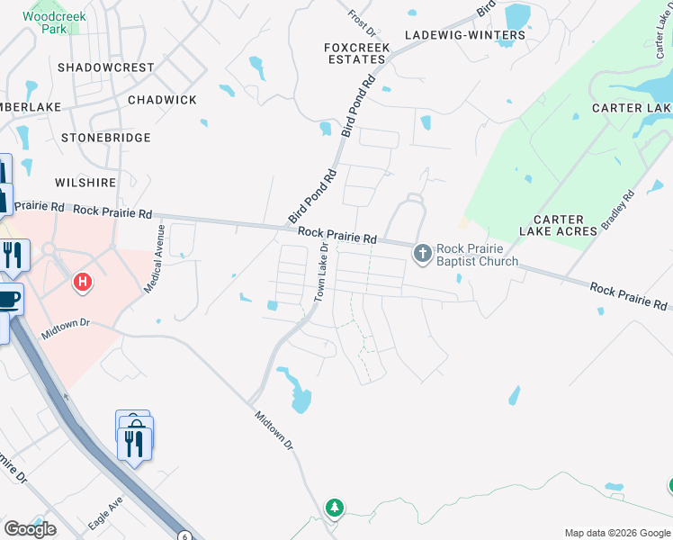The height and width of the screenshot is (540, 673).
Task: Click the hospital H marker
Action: click(x=83, y=283)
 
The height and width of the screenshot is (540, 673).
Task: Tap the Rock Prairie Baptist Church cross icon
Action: click(x=423, y=255)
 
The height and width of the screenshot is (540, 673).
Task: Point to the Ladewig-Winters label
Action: click(x=465, y=35)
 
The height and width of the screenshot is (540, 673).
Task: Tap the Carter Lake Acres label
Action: click(x=565, y=225)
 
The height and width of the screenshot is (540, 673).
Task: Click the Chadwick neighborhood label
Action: click(x=162, y=100)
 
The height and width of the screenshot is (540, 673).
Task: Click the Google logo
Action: click(x=29, y=529)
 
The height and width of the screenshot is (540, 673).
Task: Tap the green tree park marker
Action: click(x=335, y=508)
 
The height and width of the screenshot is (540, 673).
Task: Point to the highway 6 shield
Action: click(x=184, y=535)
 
